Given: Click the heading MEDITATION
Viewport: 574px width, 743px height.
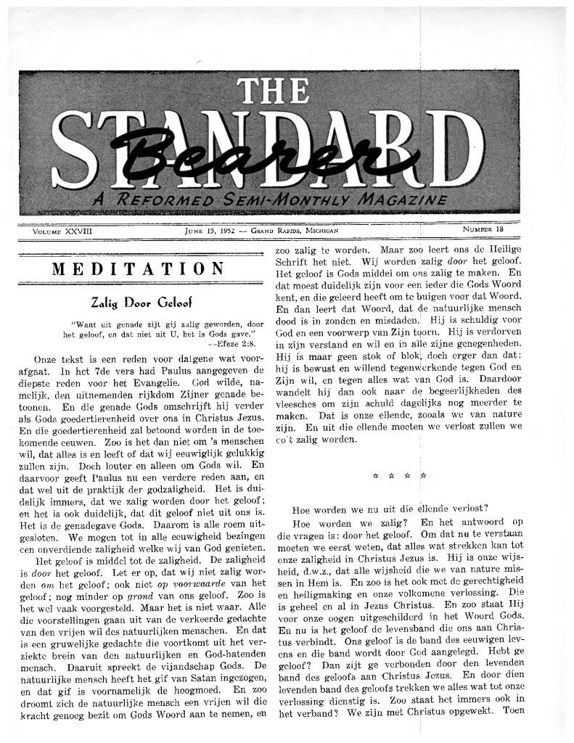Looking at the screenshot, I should (139, 269).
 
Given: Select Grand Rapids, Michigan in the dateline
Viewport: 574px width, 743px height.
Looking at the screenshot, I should (292, 230).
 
